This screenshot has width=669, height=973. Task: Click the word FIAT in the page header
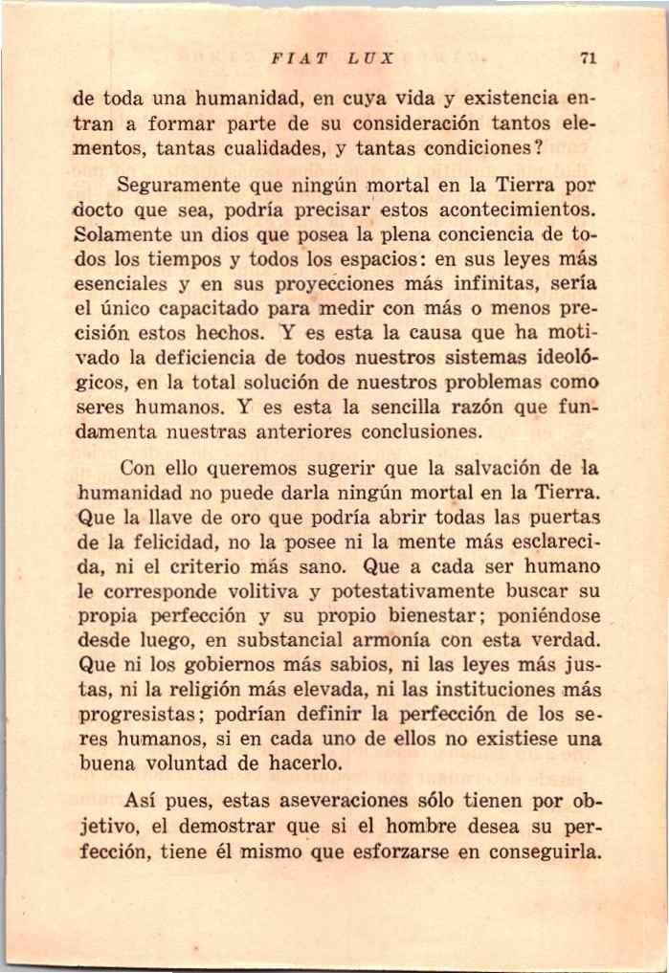tap(293, 57)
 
